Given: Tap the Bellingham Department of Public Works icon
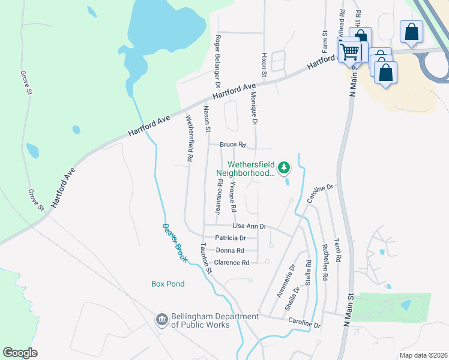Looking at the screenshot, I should (161, 320).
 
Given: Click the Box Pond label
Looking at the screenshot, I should (167, 284).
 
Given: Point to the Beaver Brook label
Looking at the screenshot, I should (175, 242).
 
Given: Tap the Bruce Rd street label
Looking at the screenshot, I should (234, 145).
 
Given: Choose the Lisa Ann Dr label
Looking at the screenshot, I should (249, 226).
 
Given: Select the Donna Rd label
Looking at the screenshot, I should (230, 250).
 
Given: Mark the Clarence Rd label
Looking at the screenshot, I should (232, 263).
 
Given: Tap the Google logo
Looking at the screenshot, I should (20, 353).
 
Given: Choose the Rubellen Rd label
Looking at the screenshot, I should (325, 262).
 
